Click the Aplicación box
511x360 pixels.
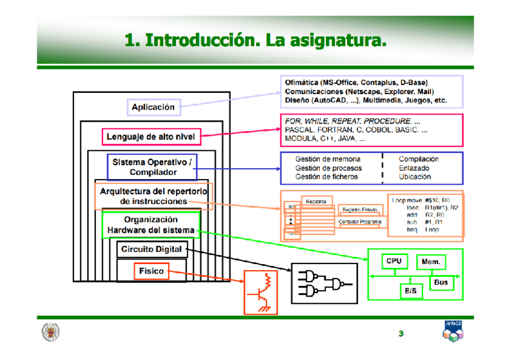(x=153, y=107)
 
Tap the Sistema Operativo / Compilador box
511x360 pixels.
(x=152, y=167)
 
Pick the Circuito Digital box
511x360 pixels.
(x=151, y=249)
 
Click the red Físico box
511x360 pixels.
(x=151, y=271)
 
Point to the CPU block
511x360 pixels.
(x=393, y=261)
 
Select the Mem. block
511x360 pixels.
(x=430, y=262)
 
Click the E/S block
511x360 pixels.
(x=411, y=291)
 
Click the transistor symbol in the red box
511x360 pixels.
(x=260, y=292)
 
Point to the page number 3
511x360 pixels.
(x=401, y=334)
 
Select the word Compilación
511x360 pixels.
(x=418, y=159)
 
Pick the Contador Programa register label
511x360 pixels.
(x=360, y=222)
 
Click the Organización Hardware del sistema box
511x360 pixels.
(x=151, y=225)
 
